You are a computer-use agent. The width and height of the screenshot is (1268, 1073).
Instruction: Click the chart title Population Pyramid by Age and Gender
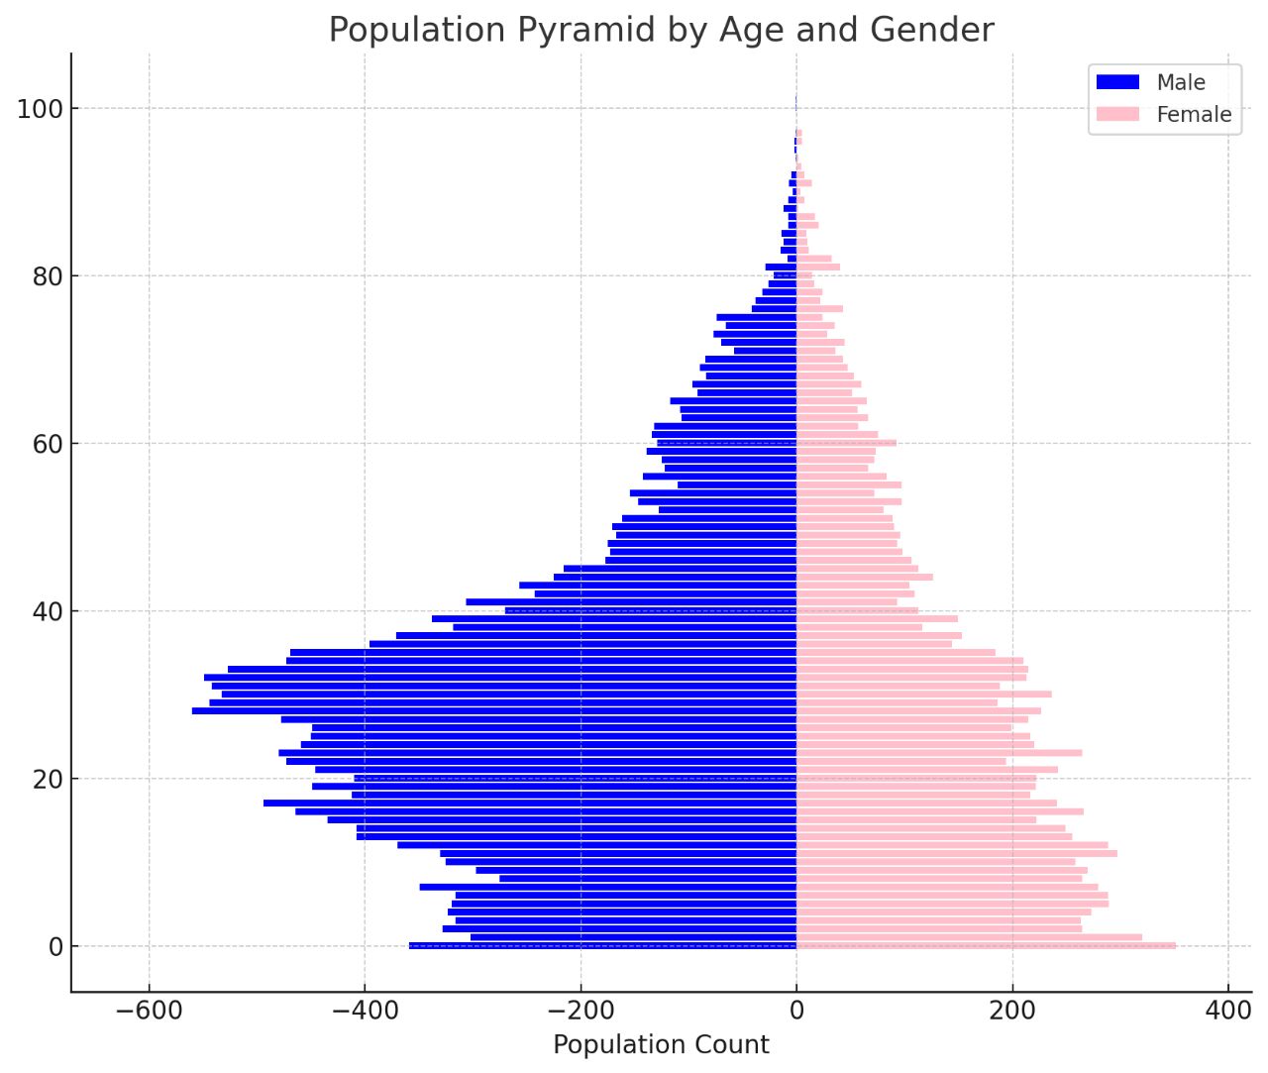click(661, 30)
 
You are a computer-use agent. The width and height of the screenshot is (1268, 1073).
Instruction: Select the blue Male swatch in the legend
click(1117, 82)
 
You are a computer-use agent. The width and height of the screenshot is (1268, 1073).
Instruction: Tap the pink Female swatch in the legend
click(1117, 114)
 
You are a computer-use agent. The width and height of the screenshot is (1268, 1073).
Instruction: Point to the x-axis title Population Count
click(661, 1044)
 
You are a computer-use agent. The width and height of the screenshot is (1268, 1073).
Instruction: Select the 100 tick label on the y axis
click(40, 109)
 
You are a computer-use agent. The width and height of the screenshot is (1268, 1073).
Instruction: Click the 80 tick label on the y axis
click(48, 276)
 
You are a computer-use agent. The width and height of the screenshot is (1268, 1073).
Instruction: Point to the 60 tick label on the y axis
click(48, 444)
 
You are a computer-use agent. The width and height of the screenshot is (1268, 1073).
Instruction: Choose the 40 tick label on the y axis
click(48, 611)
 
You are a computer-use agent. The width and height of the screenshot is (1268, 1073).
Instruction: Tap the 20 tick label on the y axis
click(48, 779)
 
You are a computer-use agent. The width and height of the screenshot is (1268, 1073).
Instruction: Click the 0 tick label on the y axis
click(55, 947)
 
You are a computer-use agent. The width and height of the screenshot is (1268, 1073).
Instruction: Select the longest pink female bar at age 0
click(986, 946)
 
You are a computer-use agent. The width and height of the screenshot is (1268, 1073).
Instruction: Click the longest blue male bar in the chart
click(495, 710)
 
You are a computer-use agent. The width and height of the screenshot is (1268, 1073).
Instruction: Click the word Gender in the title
click(932, 30)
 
